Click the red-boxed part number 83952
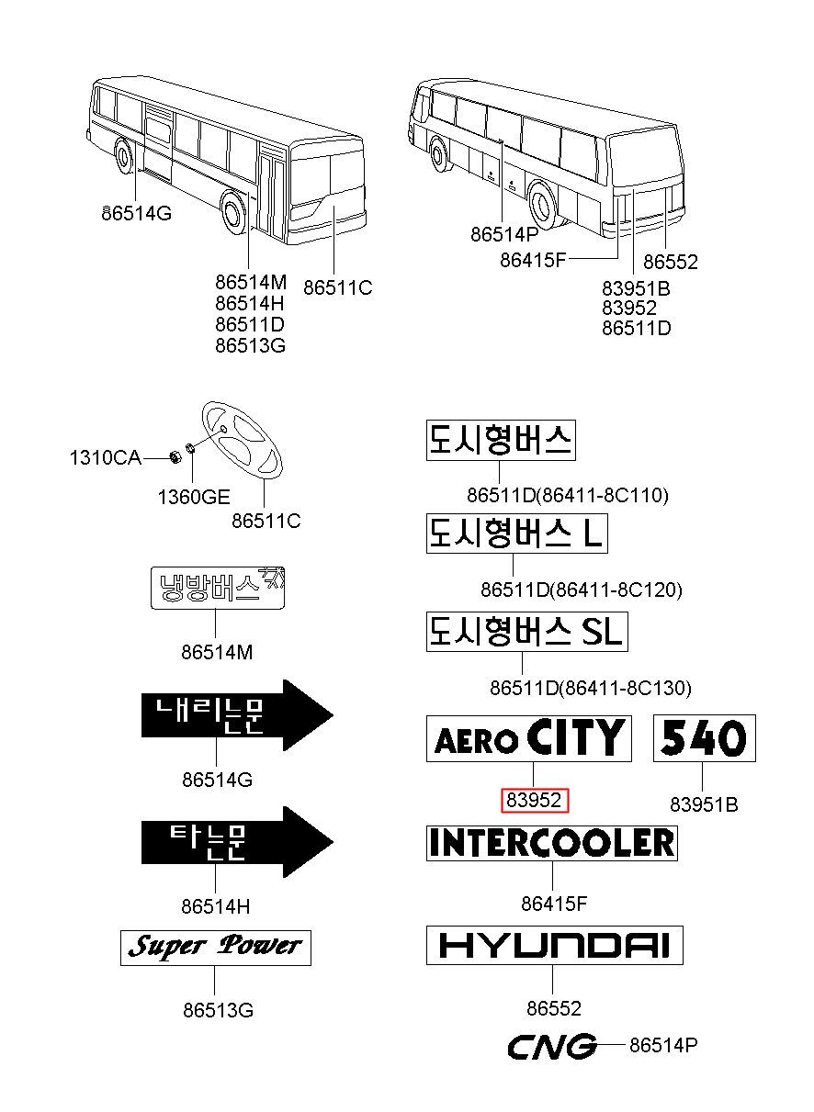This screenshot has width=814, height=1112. click(536, 801)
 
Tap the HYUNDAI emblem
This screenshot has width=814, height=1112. click(554, 945)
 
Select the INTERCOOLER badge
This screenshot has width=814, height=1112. click(551, 842)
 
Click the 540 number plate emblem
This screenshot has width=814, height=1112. click(704, 737)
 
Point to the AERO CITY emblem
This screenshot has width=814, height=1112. click(528, 738)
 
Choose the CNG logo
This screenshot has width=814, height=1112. click(551, 1046)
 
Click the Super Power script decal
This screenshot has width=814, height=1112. click(216, 947)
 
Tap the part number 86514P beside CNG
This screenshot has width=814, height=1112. click(663, 1045)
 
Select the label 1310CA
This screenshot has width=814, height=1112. click(105, 457)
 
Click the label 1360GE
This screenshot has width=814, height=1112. click(193, 497)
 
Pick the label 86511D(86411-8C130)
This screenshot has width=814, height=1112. click(590, 687)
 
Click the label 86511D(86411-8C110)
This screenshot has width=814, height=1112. click(567, 495)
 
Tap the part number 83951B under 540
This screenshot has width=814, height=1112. click(704, 804)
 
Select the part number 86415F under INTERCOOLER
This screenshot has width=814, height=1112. click(553, 904)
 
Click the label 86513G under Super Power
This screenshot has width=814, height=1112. click(218, 1011)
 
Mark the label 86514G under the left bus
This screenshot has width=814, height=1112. click(136, 213)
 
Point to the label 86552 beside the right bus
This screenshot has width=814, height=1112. click(670, 262)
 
